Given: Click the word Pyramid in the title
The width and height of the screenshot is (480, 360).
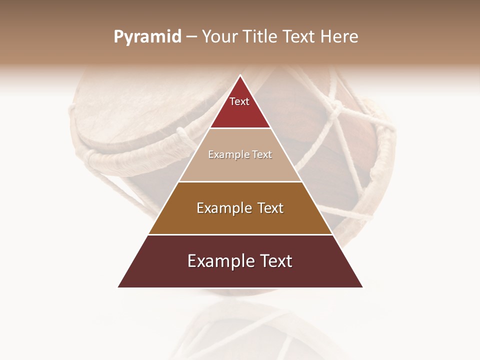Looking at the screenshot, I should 147,37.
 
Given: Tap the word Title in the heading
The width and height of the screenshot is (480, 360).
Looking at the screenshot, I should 259,37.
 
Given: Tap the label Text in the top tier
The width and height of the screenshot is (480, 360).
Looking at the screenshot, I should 239,101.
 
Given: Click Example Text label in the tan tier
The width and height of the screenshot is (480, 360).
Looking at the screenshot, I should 240,154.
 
